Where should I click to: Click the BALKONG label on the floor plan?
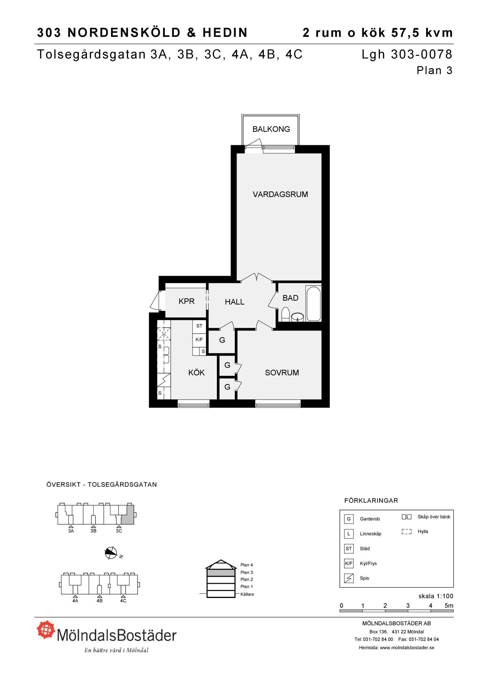tap(271, 129)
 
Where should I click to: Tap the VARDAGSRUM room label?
tap(280, 194)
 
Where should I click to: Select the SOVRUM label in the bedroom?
tap(282, 373)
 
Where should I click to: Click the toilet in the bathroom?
tap(286, 314)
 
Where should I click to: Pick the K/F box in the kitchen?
tap(199, 340)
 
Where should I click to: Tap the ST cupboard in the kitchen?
tap(199, 326)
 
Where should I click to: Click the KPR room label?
tap(186, 301)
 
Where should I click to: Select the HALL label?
tap(234, 302)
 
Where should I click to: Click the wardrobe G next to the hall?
tap(222, 340)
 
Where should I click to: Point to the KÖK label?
tap(197, 373)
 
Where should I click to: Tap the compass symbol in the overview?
tap(111, 553)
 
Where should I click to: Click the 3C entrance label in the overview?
tap(119, 531)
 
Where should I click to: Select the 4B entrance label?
tap(99, 600)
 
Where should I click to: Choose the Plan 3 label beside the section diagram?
tap(247, 572)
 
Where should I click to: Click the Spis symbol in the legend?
tap(348, 578)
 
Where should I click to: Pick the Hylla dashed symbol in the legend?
tap(407, 531)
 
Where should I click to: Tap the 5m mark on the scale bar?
tap(449, 606)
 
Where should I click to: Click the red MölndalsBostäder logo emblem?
tap(46, 630)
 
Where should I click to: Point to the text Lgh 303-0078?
tap(407, 54)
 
